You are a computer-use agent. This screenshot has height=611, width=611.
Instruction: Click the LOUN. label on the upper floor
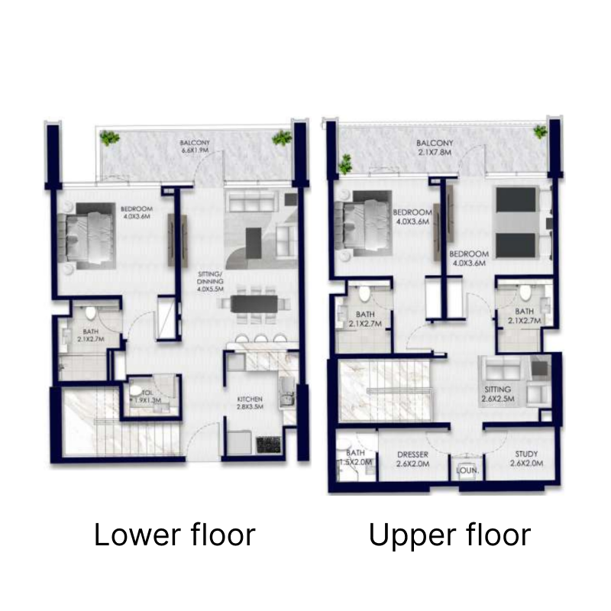tap(467, 471)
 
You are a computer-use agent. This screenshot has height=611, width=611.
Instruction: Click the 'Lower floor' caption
tap(174, 535)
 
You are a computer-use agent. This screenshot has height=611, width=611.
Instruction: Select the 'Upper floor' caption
tap(449, 535)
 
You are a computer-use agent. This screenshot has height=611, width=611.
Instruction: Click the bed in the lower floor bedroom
tap(90, 236)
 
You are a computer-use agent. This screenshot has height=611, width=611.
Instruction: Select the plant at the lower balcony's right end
tap(283, 139)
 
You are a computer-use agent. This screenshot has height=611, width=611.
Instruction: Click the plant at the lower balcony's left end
tap(111, 139)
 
